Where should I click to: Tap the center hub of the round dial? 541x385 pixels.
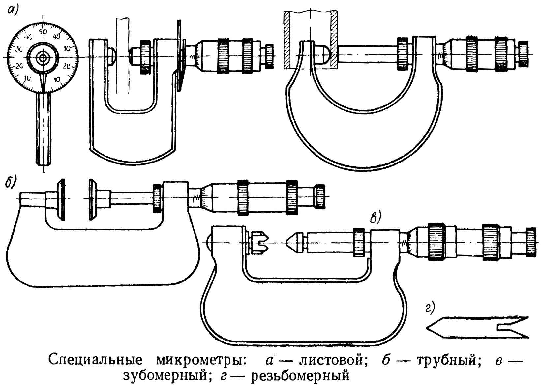43,57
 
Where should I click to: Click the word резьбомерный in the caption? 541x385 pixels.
300,376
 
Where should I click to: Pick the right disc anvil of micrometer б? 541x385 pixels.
93,199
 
